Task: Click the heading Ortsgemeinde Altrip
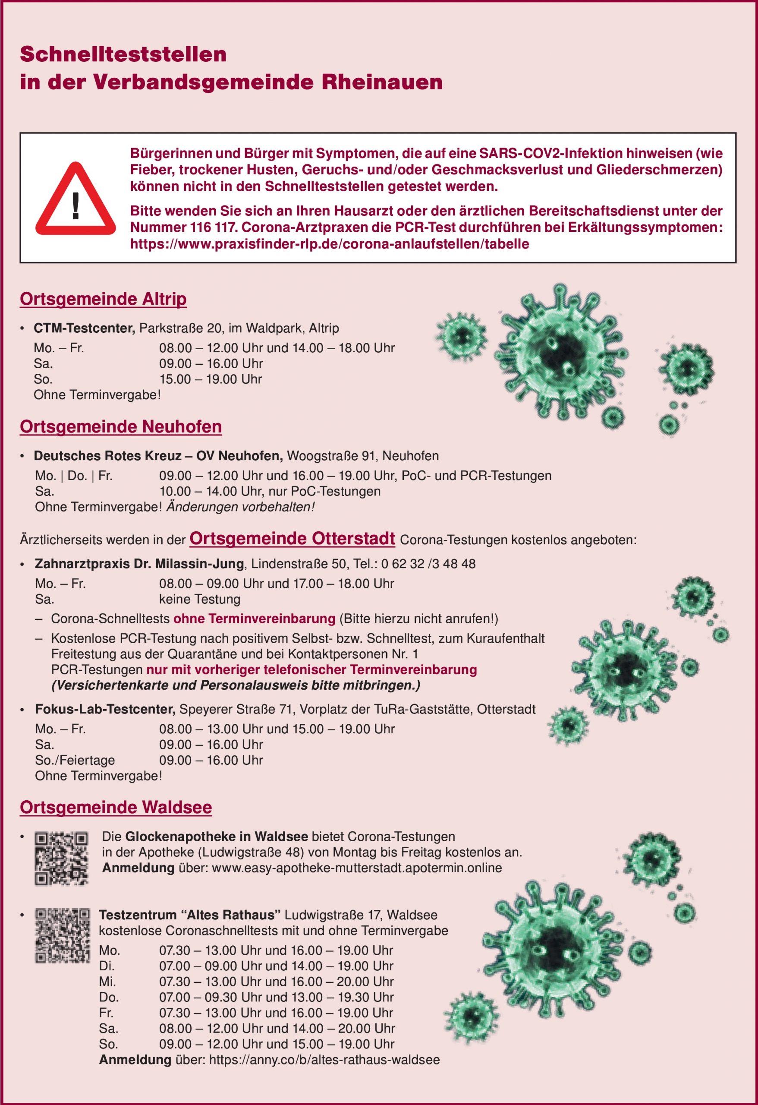pos(103,299)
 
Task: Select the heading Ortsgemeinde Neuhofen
pos(121,426)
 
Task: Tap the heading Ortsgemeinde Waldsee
pos(116,807)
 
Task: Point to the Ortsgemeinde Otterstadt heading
pos(292,538)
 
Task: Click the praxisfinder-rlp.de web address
pos(329,244)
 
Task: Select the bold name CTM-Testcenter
pos(84,328)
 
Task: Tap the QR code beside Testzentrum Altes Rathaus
pos(62,936)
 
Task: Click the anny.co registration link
pos(324,1059)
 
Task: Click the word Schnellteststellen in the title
pos(123,55)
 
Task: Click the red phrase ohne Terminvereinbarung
pos(254,619)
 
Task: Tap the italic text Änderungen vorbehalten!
pos(240,507)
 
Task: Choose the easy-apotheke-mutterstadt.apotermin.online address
pos(357,868)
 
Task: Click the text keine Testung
pos(200,599)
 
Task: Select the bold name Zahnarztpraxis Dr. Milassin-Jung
pos(139,564)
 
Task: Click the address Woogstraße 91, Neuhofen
pos(362,456)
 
